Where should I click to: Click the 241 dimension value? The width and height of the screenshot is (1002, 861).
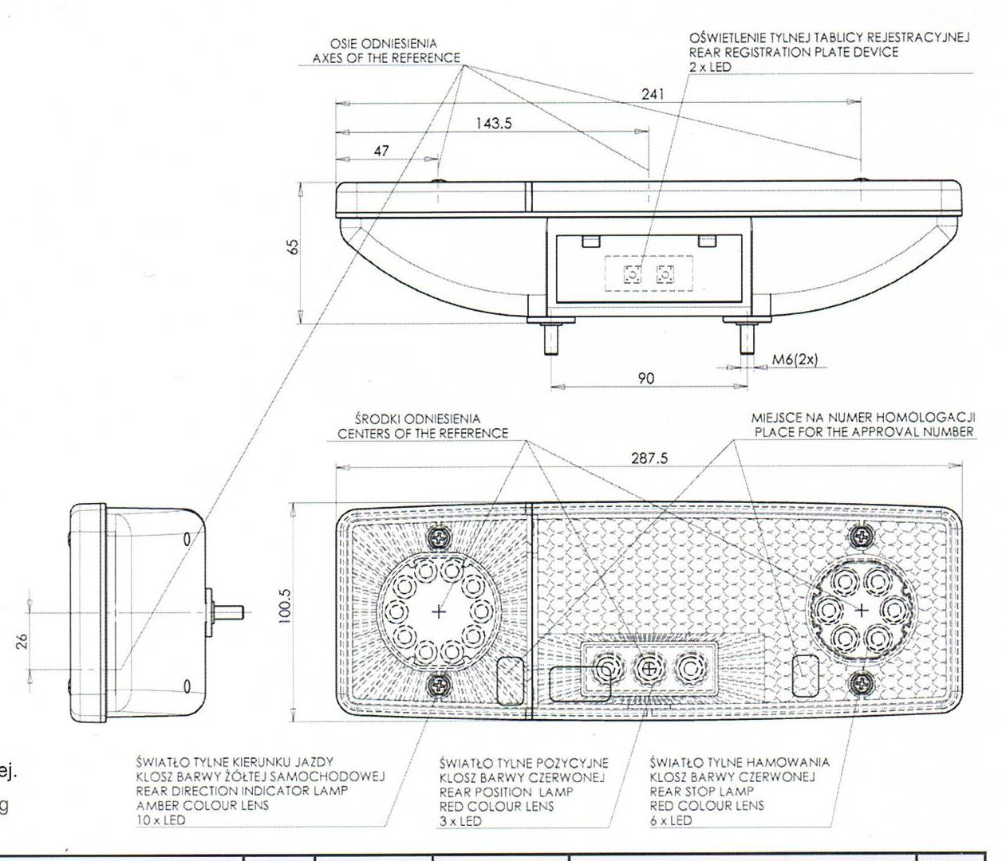click(x=653, y=94)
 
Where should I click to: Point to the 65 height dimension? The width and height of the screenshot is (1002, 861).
click(x=294, y=248)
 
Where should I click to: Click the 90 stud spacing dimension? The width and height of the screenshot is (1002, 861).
click(x=646, y=378)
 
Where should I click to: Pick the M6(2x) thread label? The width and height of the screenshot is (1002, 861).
click(x=795, y=360)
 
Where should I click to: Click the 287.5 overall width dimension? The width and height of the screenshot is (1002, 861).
click(x=649, y=458)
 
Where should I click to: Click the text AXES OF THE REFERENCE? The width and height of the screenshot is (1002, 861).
click(x=386, y=58)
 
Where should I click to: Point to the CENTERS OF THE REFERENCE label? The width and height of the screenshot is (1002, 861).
click(x=422, y=434)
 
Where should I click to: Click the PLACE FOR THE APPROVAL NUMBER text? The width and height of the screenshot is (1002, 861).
click(x=864, y=432)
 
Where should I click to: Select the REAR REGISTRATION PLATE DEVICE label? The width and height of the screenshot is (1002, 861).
click(x=794, y=53)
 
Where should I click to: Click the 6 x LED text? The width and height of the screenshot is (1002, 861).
click(x=671, y=820)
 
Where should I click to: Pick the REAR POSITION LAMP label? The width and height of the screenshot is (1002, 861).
click(x=506, y=792)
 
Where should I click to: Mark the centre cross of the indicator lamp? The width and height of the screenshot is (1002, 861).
click(x=438, y=611)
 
